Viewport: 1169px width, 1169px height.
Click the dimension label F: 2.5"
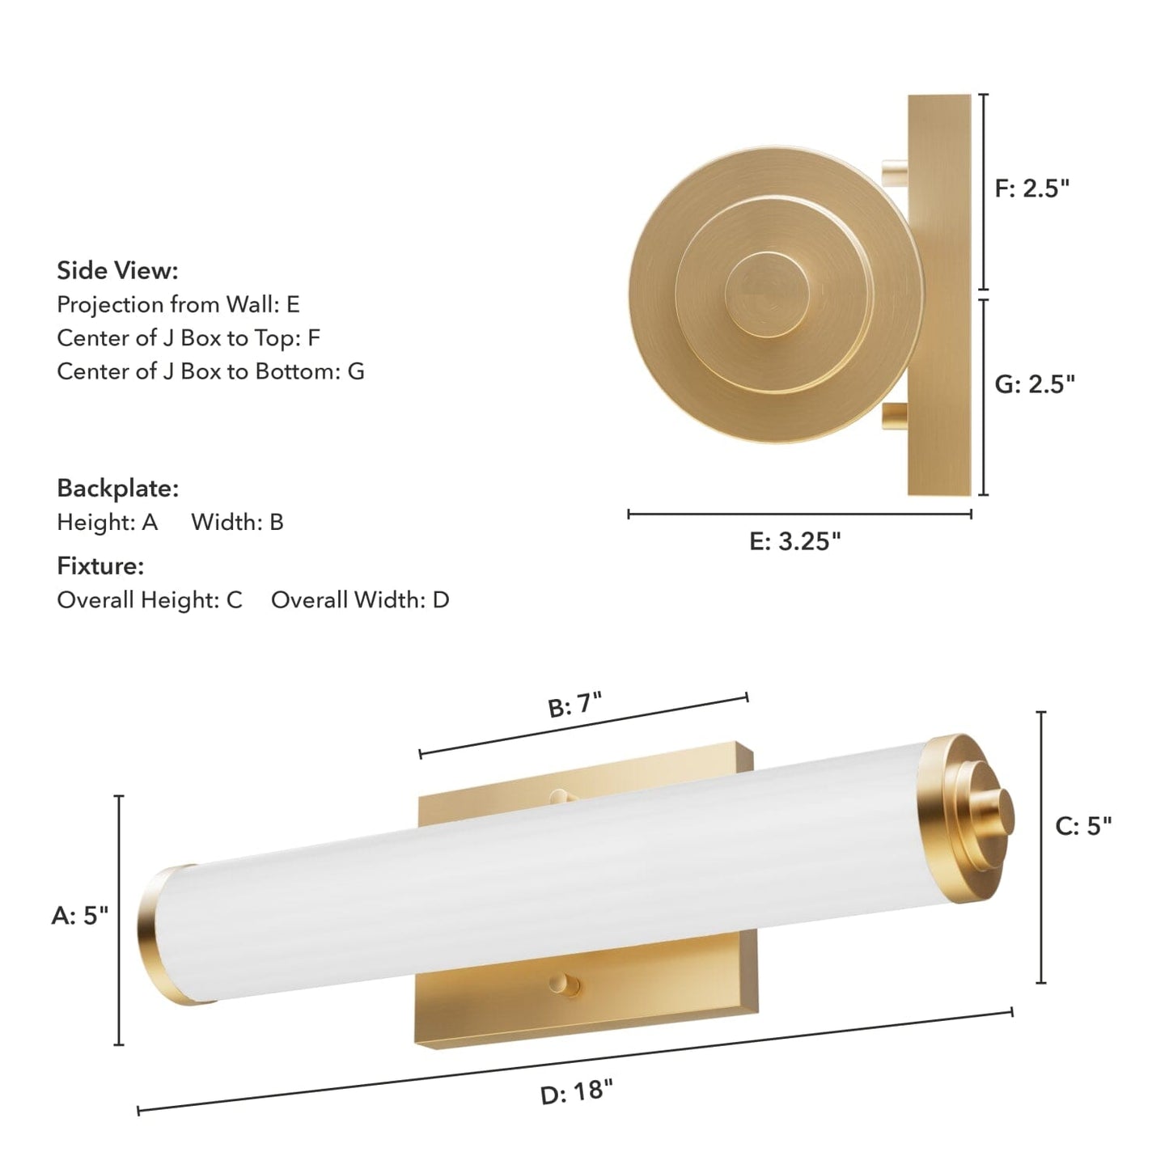coord(1032,188)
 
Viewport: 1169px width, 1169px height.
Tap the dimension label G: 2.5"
coord(1035,384)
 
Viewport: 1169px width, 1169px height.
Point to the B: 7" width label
coord(574,705)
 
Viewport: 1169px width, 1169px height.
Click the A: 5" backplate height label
coord(79,916)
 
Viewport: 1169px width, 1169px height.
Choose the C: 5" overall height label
coord(1083,826)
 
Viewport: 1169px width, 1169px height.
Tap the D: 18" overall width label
coord(576,1091)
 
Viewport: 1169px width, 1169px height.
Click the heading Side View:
coord(117,270)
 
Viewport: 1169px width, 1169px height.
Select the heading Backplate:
coord(117,489)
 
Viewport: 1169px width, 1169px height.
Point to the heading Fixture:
coord(100,565)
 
